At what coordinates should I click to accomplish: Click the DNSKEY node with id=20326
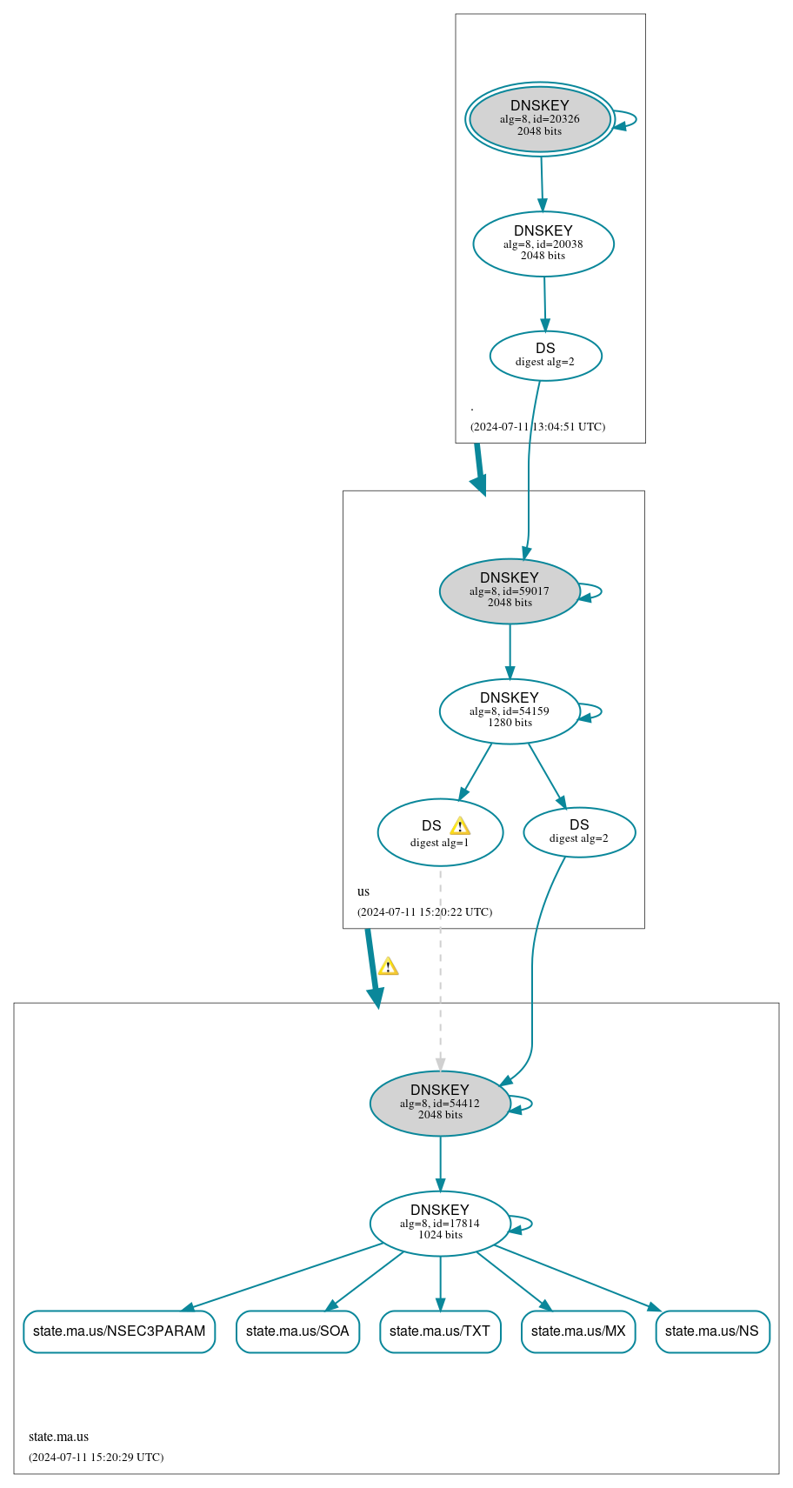540,119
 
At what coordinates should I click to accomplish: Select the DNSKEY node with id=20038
543,244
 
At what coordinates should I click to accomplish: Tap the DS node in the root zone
545,356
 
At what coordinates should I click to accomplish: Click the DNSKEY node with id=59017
510,591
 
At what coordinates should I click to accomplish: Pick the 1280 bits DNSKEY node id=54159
510,711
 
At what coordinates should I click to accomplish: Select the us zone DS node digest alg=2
579,832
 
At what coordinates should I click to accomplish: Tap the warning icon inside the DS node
460,826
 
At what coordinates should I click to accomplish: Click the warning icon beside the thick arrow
388,966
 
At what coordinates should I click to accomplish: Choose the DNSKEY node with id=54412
440,1103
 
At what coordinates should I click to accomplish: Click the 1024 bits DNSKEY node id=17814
440,1223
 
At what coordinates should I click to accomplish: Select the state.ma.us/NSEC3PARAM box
119,1331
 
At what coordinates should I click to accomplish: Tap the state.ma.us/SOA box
297,1331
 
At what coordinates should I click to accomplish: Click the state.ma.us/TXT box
440,1331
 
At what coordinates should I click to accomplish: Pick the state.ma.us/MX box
578,1331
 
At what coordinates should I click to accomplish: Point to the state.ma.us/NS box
712,1331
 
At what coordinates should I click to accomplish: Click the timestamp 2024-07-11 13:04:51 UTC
537,427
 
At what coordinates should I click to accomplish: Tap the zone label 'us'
363,891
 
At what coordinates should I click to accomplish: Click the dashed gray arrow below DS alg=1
440,965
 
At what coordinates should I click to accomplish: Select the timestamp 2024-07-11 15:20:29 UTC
96,1457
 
